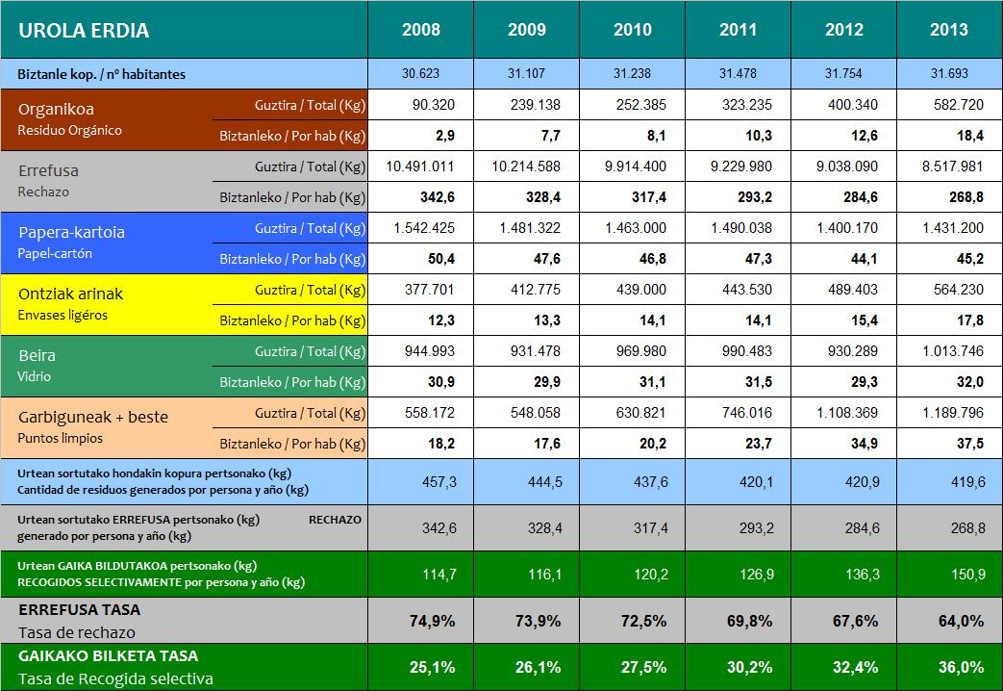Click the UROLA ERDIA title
84,30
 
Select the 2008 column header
421,30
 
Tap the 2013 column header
949,30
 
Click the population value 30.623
421,73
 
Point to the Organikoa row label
56,110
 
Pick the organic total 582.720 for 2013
949,105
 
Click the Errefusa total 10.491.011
421,166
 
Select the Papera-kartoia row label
71,232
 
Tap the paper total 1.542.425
421,228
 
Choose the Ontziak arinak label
70,294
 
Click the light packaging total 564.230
949,290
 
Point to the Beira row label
37,355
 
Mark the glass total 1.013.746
949,351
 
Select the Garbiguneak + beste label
93,417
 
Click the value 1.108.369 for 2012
843,413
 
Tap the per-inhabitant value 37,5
949,444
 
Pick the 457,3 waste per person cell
421,481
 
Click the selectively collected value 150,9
949,574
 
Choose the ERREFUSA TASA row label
79,610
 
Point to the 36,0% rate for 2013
949,667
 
